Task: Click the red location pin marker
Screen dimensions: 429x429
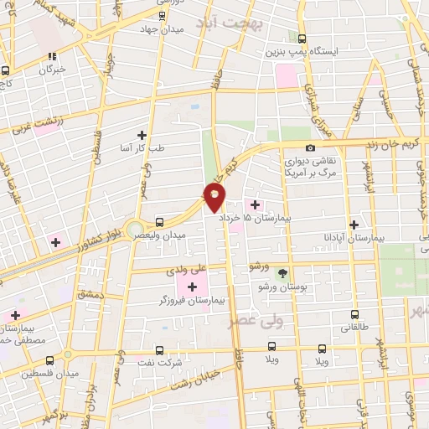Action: (x=215, y=197)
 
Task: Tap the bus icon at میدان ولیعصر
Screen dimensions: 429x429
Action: (x=159, y=221)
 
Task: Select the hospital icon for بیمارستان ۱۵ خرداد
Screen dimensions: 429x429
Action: (x=256, y=204)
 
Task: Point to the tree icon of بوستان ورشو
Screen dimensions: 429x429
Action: (x=282, y=273)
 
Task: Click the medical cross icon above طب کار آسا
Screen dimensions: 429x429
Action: (x=142, y=134)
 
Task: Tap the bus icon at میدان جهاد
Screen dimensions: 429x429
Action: (x=162, y=14)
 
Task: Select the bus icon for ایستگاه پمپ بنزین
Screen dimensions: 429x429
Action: (x=302, y=38)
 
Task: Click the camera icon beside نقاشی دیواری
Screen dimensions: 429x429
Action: (x=311, y=148)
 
